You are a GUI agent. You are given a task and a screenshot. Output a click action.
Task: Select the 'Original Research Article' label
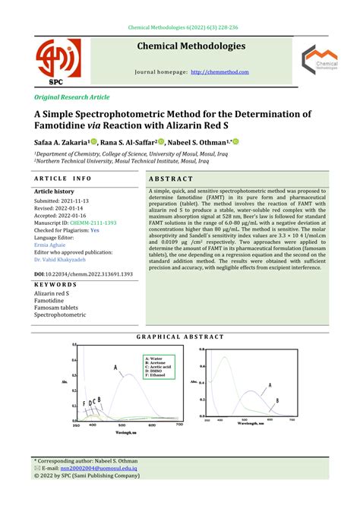coord(71,99)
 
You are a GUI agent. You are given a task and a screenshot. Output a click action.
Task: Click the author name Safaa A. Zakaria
coord(61,141)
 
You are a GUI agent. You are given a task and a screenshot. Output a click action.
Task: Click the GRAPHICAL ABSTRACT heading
coord(180,337)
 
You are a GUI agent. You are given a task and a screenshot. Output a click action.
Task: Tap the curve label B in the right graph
coord(278,400)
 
